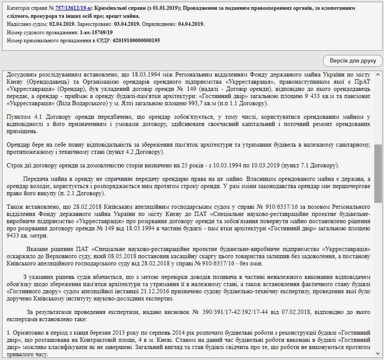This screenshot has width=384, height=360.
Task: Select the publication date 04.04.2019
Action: click(x=191, y=24)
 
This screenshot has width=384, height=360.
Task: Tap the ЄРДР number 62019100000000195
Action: click(x=136, y=40)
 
